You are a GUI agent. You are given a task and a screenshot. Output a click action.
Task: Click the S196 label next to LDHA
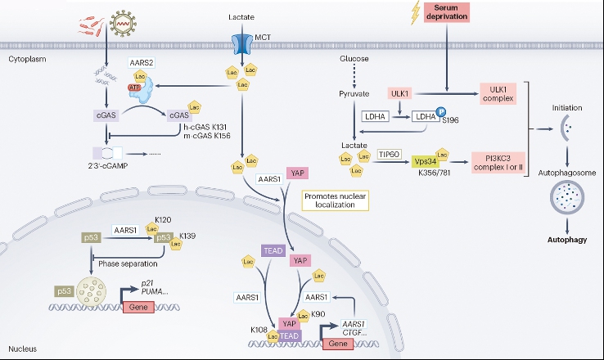pos(451,122)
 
